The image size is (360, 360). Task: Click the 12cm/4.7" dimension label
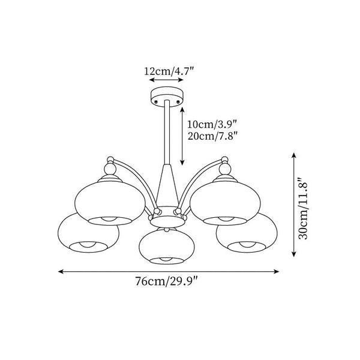(169, 71)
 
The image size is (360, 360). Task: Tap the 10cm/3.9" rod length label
(212, 124)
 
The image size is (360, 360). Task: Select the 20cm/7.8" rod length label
(212, 136)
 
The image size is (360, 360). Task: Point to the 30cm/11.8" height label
(302, 208)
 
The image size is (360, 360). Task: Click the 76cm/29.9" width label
(166, 281)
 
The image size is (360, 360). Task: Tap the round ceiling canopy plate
(167, 97)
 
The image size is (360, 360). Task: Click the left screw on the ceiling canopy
(157, 101)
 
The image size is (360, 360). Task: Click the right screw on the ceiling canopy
(178, 101)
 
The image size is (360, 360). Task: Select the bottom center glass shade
(167, 246)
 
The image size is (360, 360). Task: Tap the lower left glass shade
(88, 233)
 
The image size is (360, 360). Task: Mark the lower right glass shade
(247, 233)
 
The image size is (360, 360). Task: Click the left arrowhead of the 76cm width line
(61, 272)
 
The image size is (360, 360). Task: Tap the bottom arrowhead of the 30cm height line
(293, 254)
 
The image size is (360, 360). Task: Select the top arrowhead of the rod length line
(182, 110)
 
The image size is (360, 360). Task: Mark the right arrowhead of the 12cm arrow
(181, 80)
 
